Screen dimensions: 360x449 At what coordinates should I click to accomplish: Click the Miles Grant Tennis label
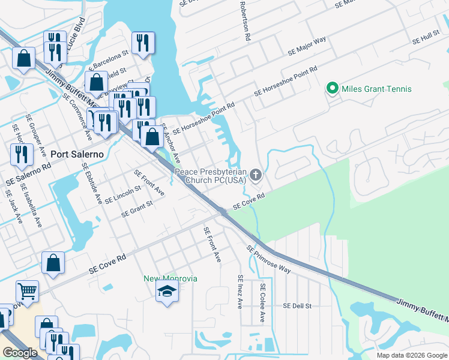coord(376,89)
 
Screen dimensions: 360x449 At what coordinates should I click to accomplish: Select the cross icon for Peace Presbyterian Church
coord(256,175)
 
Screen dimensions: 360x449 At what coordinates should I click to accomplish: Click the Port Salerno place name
coord(77,154)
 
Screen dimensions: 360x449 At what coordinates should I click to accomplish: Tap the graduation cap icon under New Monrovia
coord(167,292)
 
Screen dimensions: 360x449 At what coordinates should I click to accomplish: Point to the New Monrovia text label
coord(170,278)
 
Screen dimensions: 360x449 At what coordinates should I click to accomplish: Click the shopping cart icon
coord(27,291)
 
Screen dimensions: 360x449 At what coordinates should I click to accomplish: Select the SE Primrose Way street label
coord(268,259)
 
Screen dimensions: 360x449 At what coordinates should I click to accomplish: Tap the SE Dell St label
coord(297,306)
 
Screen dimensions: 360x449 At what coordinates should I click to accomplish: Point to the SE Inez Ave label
coord(240,291)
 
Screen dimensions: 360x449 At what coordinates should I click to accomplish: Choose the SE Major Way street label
coord(307,46)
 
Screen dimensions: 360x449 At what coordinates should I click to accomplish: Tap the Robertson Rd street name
coord(245,22)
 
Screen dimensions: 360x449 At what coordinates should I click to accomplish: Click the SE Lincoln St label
coord(122,193)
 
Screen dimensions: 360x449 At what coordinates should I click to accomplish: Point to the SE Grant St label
coord(137,208)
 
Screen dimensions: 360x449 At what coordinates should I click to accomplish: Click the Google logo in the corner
coord(20,353)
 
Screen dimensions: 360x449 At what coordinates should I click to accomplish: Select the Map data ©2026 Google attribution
coord(411,355)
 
